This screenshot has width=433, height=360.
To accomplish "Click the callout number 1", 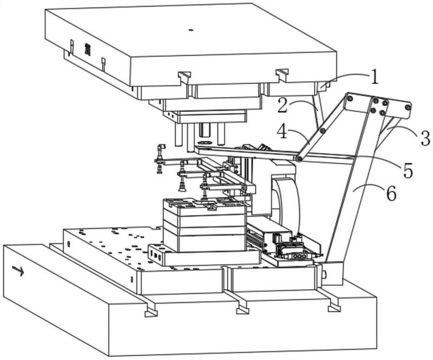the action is pos(374,77).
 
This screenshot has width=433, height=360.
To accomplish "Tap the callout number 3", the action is pos(424,138).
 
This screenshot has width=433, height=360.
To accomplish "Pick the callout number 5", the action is pos(408,170).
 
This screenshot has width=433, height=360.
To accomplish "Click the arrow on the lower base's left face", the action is pos(18,271).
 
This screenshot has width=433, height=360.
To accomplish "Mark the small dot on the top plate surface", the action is pos(190,30).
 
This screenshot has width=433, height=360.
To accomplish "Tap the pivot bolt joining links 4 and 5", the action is pos(299,159).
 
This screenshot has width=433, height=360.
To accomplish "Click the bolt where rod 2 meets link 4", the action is pos(322,130).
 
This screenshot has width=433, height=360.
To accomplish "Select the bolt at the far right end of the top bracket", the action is pos(408,107).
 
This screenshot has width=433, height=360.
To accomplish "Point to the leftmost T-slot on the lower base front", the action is pos(151,312).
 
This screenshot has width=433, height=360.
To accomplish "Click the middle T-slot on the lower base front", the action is pos(243,310).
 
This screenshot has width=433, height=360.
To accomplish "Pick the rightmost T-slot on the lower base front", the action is pos(334,307).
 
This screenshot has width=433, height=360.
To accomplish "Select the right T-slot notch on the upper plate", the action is pos(282,73).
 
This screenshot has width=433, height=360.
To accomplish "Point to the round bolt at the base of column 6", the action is pos(324,274).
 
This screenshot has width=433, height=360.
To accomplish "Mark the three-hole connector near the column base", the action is pos(299,257).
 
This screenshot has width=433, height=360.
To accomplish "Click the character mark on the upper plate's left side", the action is pos(88,50).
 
